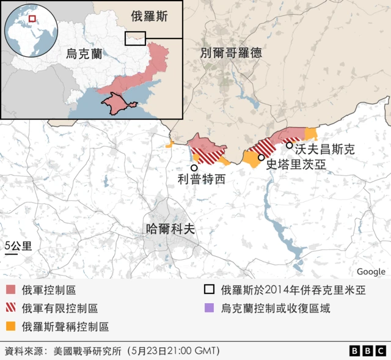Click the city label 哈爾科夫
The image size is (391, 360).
[170, 229]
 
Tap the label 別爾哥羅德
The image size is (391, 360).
[231, 53]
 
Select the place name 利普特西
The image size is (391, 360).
[201, 179]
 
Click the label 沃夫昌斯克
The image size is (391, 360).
[324, 149]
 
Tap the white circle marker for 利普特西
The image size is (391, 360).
[194, 167]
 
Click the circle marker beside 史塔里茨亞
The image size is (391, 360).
[261, 157]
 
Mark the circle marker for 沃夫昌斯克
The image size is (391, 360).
[289, 145]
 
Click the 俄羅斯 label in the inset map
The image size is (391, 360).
[149, 17]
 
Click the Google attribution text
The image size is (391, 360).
[371, 271]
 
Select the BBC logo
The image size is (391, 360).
[368, 351]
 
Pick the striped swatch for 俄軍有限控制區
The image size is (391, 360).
[10, 309]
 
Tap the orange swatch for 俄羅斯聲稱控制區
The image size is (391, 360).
[10, 326]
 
